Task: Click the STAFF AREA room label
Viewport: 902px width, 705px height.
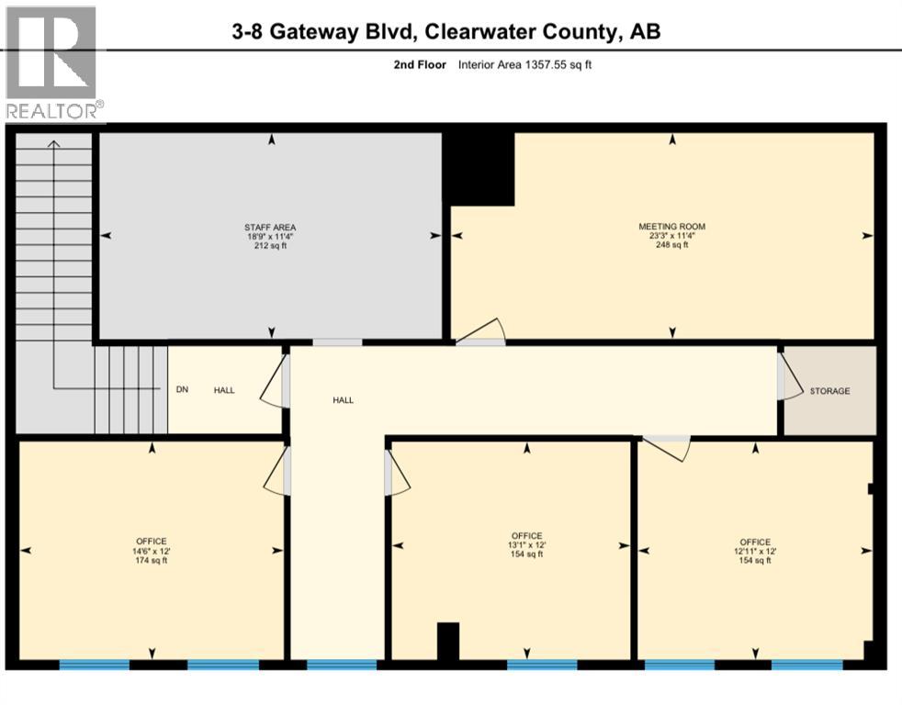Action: (x=269, y=227)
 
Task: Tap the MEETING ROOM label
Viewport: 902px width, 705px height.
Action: (x=671, y=227)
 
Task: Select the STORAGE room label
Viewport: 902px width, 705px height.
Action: (x=829, y=391)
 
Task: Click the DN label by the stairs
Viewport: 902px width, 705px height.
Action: (x=182, y=390)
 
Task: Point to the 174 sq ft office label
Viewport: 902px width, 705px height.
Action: (x=152, y=561)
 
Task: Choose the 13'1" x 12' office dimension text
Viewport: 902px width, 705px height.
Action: (x=527, y=545)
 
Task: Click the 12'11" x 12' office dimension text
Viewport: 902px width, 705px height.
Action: (x=755, y=551)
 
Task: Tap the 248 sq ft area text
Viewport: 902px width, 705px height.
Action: (x=671, y=246)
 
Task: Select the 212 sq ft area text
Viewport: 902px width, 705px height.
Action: (x=269, y=246)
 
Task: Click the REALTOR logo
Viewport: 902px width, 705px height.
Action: (x=53, y=62)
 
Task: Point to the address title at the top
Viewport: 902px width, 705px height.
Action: (x=445, y=31)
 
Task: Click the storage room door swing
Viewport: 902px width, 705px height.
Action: (x=787, y=377)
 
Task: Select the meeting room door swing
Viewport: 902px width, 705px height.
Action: (x=481, y=331)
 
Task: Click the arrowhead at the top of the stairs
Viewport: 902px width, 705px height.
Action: (x=53, y=143)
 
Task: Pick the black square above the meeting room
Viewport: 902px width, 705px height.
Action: (x=478, y=169)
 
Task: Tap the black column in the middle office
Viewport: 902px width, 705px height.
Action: (x=447, y=641)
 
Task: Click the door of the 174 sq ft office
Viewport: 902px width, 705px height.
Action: (x=276, y=474)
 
